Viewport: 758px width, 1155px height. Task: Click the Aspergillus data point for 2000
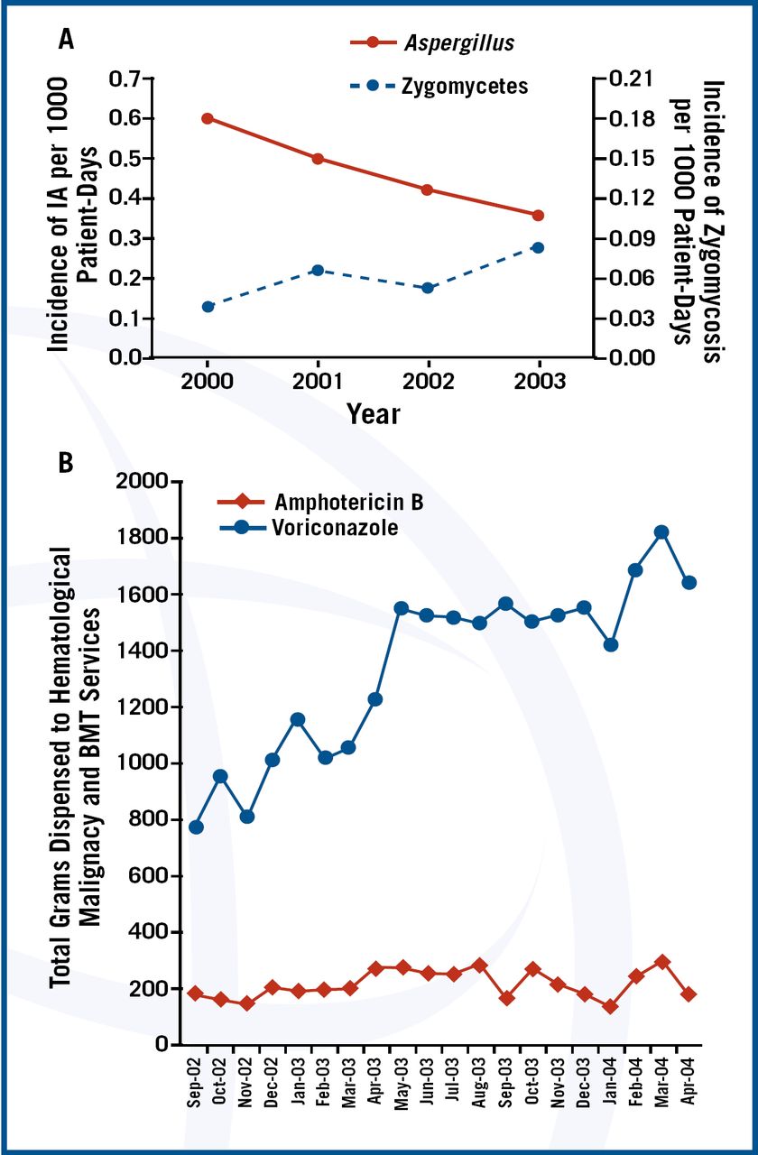point(208,118)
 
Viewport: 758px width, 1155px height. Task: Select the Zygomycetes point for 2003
point(538,247)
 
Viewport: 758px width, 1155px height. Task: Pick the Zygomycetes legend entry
point(439,87)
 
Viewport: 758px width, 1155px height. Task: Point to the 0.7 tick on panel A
point(126,79)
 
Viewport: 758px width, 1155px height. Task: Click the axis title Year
point(373,413)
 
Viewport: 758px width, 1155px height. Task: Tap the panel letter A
point(65,39)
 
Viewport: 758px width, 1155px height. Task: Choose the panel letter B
point(65,463)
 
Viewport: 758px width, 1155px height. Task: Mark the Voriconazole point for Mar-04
point(661,532)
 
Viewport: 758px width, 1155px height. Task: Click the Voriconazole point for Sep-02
point(196,827)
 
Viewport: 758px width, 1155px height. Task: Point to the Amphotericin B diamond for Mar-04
point(661,962)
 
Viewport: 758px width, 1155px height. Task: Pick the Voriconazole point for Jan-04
point(610,644)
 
